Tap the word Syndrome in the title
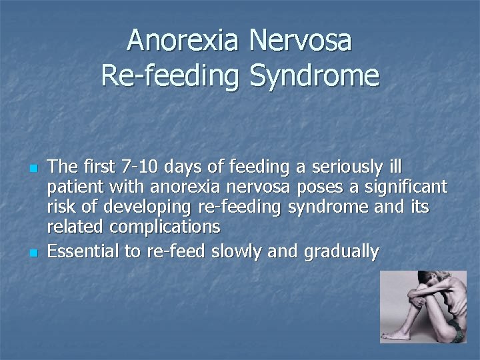[315, 75]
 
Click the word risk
[61, 207]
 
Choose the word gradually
[341, 251]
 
